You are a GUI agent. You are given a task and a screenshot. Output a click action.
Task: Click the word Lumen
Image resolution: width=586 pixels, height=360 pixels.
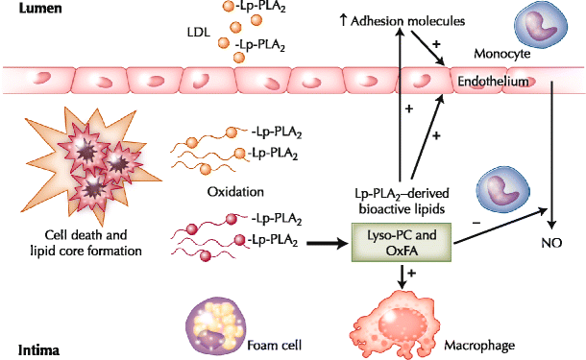40,9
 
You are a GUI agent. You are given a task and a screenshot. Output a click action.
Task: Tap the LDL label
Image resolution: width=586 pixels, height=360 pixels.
199,33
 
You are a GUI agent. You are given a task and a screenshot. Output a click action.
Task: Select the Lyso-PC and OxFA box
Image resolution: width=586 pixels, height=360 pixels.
402,243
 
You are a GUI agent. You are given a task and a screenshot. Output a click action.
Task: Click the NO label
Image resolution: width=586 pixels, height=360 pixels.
551,243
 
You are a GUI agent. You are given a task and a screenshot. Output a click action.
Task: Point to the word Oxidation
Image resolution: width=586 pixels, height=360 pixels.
235,192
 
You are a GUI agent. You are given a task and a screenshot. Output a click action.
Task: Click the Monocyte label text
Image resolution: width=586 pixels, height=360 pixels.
501,54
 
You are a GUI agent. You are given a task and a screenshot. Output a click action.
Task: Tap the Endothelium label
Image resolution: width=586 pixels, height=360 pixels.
493,81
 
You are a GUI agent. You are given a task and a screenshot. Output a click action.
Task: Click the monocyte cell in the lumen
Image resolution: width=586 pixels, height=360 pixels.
541,25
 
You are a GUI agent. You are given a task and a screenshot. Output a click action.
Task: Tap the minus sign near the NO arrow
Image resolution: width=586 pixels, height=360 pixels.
476,223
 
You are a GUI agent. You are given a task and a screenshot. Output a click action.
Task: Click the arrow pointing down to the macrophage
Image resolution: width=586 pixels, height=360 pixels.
402,276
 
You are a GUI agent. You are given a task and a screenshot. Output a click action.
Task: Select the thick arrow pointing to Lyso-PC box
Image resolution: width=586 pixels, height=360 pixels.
328,244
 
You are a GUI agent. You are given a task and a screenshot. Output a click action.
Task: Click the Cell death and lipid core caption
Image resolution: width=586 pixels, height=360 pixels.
85,243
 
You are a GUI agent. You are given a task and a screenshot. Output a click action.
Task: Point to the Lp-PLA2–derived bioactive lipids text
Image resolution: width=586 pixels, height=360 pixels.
402,202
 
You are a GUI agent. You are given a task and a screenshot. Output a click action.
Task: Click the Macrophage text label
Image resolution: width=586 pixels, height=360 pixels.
479,346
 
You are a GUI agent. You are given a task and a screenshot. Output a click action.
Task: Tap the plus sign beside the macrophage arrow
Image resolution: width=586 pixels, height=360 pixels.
411,273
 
